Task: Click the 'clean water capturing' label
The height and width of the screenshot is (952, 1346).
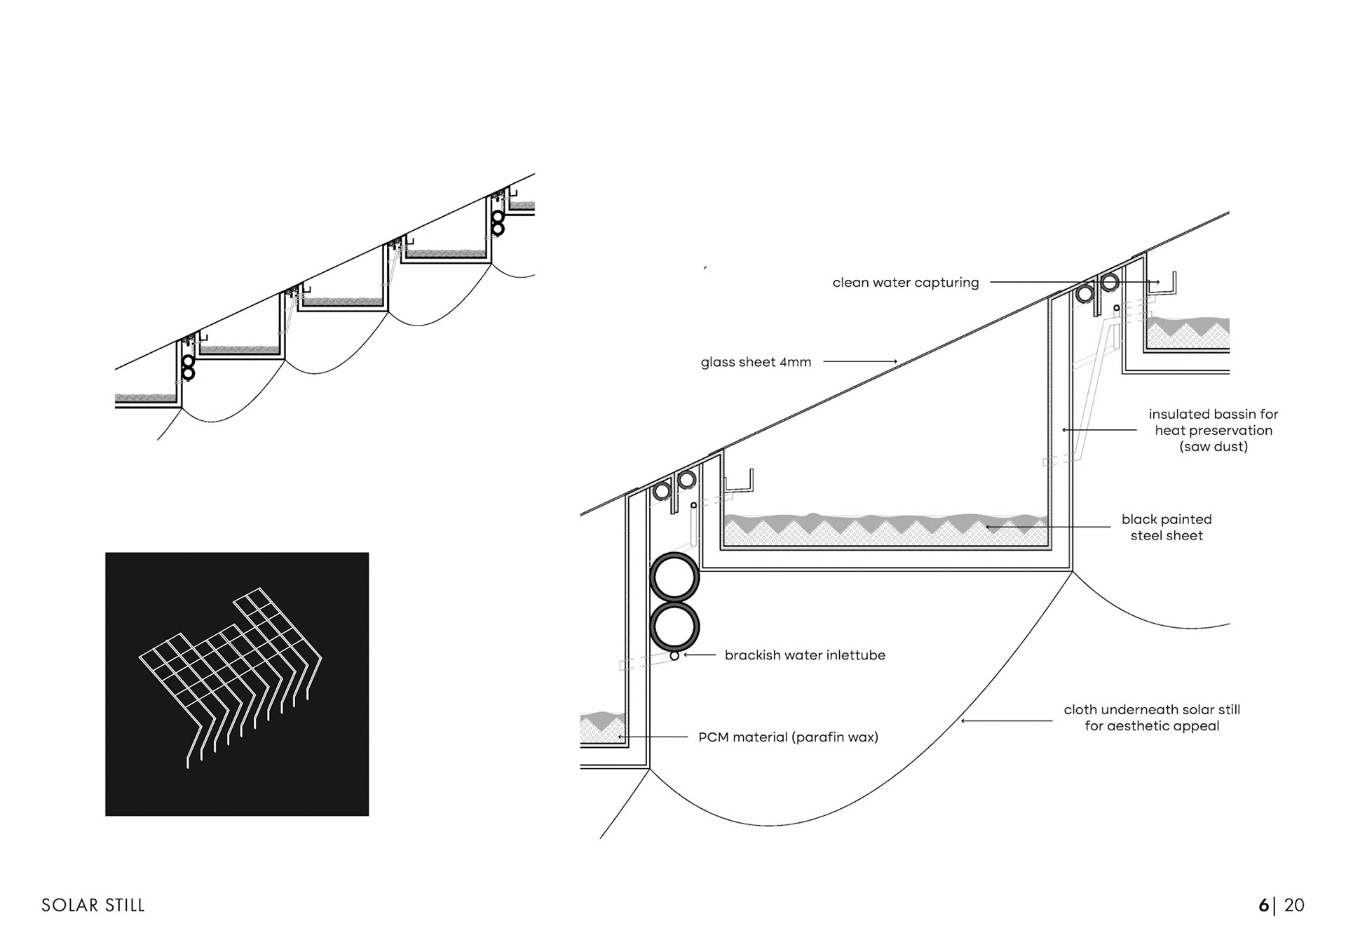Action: tap(905, 283)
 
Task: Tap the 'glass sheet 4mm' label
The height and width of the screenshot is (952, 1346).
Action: tap(756, 362)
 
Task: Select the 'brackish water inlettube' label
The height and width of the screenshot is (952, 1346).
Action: tap(805, 655)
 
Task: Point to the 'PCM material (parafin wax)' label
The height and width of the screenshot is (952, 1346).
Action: tap(788, 737)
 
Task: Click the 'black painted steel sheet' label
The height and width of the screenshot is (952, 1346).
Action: tap(1167, 528)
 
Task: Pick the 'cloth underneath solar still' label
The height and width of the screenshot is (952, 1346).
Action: tap(1152, 710)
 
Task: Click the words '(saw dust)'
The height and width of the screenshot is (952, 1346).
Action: tap(1214, 447)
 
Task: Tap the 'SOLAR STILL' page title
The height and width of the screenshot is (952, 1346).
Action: tap(93, 906)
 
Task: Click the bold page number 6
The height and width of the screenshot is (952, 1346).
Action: tap(1263, 906)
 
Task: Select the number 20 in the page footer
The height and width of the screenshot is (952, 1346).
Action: tap(1294, 906)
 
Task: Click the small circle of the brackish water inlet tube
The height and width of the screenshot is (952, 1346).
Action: tap(674, 656)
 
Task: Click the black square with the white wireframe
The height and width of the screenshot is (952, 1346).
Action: tap(237, 684)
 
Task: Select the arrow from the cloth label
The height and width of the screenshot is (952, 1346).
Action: tap(1006, 720)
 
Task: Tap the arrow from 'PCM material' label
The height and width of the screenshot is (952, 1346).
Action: tap(653, 737)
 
